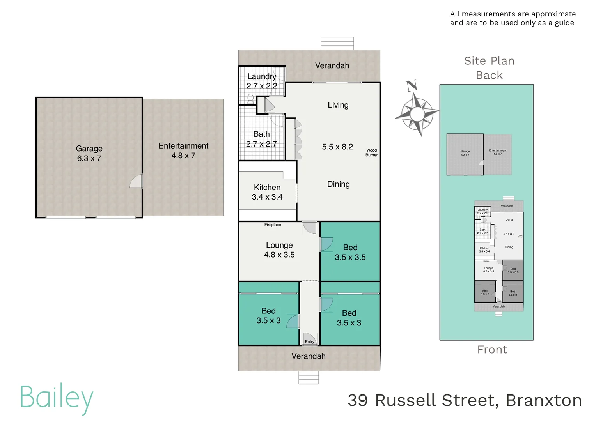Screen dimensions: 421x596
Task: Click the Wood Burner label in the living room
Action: tap(371, 152)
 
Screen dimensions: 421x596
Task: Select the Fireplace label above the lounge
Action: tap(272, 225)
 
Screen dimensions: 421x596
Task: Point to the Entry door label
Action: tap(309, 341)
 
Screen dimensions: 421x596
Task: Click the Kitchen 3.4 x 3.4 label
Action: tap(267, 192)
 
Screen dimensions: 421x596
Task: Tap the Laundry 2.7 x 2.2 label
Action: tap(262, 81)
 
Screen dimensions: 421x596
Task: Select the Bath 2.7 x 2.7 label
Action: tap(261, 139)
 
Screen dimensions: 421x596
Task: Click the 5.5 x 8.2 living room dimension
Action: tap(337, 147)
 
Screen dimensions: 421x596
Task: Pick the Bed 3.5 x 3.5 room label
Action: tap(350, 252)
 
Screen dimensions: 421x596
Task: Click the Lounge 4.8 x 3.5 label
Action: tap(279, 250)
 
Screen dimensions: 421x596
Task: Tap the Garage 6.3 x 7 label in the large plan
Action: tap(89, 153)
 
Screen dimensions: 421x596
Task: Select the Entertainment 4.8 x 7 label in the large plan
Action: tap(183, 150)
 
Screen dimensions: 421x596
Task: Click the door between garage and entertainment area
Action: tap(137, 181)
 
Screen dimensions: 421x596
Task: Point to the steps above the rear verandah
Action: tap(337, 43)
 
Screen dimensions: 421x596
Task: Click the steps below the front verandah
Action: tap(309, 377)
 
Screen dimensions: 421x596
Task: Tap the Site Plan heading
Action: tap(489, 61)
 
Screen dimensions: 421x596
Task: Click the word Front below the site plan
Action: tap(492, 350)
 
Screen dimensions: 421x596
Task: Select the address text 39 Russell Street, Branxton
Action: tap(465, 400)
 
